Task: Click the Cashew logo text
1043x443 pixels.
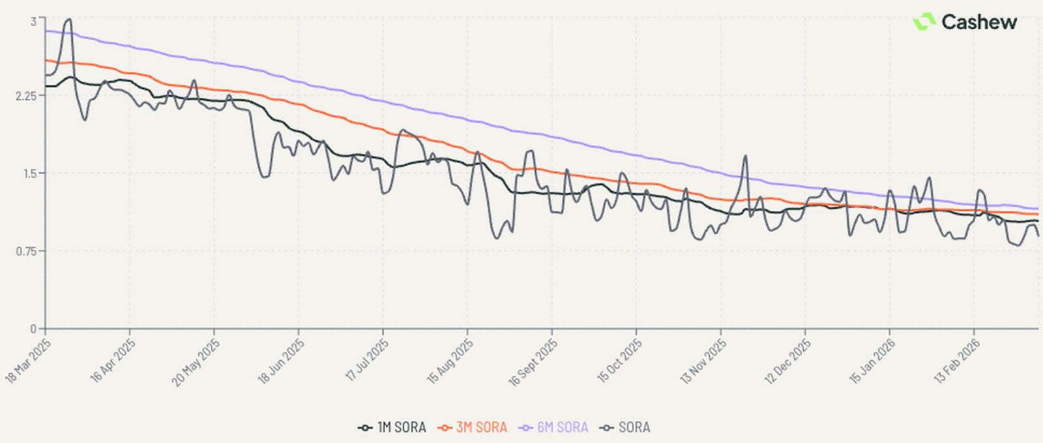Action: click(x=978, y=22)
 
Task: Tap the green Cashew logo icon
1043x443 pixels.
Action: click(x=924, y=22)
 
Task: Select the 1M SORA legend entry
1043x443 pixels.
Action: click(x=392, y=427)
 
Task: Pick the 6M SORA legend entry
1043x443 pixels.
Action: click(x=553, y=427)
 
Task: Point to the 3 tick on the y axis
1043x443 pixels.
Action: click(x=33, y=22)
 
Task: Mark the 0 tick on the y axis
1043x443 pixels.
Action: click(x=33, y=329)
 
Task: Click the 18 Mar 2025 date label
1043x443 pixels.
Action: click(x=29, y=359)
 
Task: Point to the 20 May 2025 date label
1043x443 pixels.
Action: click(x=196, y=361)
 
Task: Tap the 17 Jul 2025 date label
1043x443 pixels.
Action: click(x=367, y=359)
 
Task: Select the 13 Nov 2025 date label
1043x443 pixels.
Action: click(x=703, y=360)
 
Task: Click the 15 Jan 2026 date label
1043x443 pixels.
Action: click(x=872, y=360)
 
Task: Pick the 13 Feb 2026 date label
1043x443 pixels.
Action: click(x=957, y=360)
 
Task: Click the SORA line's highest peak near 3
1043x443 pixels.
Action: click(x=68, y=20)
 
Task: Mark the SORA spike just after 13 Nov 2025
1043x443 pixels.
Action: click(x=745, y=156)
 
